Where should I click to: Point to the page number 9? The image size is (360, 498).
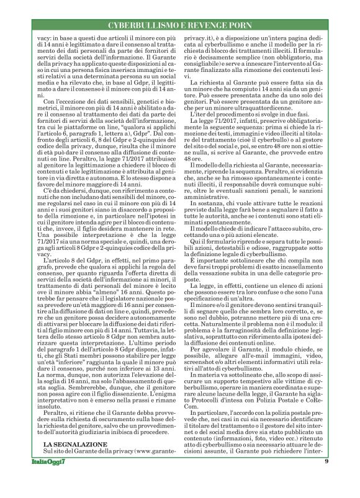click(x=325, y=479)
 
